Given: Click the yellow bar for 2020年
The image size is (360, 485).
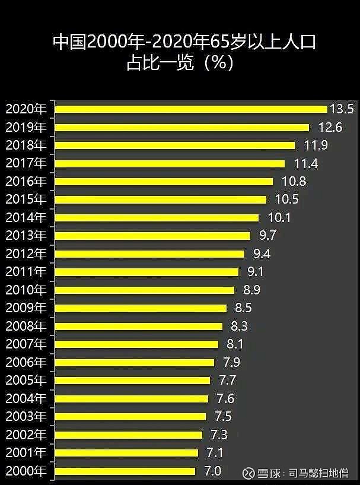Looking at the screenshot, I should [190, 109].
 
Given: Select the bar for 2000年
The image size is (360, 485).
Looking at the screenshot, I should [125, 471].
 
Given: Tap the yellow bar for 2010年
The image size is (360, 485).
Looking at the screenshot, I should [144, 290].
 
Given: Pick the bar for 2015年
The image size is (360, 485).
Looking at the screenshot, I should [160, 199].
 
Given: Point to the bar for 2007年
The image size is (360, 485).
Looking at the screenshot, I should [136, 344].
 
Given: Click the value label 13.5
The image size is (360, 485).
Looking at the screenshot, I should [342, 109].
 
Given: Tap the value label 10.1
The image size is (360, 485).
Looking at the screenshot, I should [279, 218].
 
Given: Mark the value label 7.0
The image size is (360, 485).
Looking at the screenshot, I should [212, 471].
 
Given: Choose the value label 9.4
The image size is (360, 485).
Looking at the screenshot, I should [262, 254].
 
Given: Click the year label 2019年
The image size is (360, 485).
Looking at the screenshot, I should [26, 127].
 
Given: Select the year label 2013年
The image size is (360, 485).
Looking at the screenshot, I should [26, 236].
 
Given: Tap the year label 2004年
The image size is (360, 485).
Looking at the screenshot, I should [26, 398].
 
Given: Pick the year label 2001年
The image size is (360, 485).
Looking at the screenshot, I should [26, 453].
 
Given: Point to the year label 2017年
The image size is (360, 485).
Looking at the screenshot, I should [26, 163].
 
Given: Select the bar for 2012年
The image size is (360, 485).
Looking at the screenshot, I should [149, 254].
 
